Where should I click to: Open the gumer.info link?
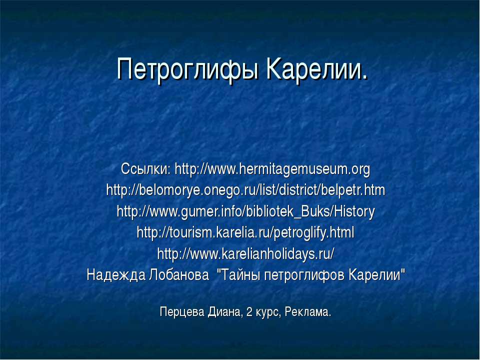click(245, 212)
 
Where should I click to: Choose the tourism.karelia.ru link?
click(245, 233)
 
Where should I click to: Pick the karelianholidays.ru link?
click(245, 254)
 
